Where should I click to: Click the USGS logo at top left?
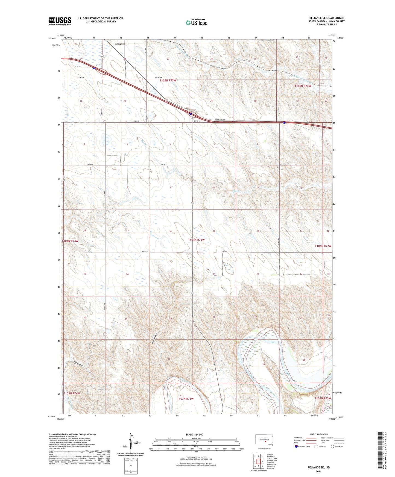pos(60,21)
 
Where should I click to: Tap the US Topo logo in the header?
pos(196,22)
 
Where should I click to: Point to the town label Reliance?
pos(120,44)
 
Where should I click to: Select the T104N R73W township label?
pos(196,240)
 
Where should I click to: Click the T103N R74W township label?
pos(72,393)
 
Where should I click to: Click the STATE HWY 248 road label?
pos(220,119)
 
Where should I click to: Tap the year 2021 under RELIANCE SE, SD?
pos(318,472)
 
